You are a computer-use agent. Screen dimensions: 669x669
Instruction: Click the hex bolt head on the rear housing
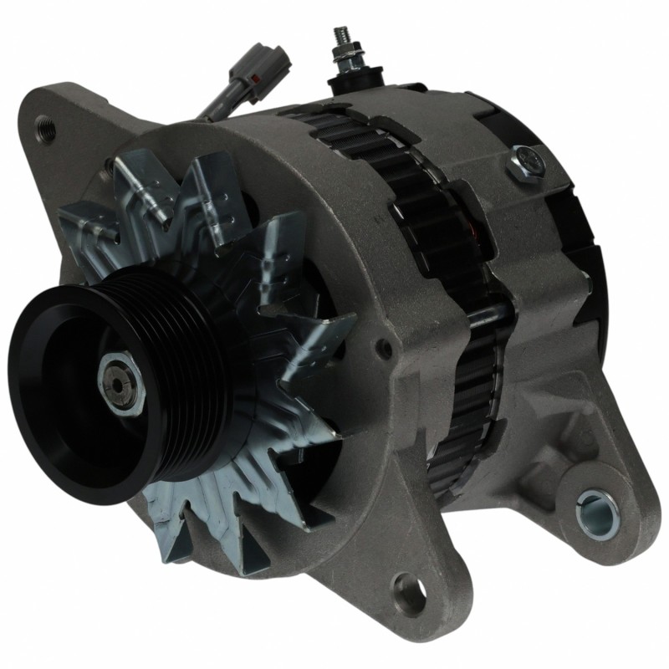click(x=525, y=159)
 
